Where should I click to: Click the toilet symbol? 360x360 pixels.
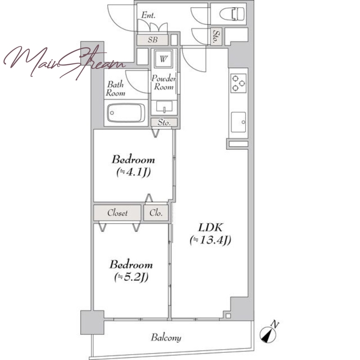coord(232,14)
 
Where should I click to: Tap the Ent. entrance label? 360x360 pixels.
coord(148,15)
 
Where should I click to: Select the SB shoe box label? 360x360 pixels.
coord(153,40)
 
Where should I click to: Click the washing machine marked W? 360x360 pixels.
coord(163,59)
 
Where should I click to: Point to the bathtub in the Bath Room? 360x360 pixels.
coord(126,113)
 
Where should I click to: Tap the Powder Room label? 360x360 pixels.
coord(164,82)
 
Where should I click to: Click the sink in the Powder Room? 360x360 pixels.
coord(164,107)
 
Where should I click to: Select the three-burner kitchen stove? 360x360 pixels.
coord(238,83)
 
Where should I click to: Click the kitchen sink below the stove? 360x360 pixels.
coord(238,122)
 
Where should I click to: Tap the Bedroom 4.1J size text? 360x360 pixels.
coord(133,172)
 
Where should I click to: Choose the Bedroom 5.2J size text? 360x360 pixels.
coord(131,277)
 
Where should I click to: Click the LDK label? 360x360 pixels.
coord(210,228)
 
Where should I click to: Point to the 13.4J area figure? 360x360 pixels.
coord(210,240)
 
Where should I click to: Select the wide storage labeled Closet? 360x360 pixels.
coord(117,213)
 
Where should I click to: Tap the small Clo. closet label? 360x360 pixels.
coord(156,213)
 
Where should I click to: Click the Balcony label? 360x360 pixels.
coord(166,337)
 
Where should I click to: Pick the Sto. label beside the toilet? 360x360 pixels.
coord(216,36)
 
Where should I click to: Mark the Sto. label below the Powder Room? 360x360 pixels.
coord(164,122)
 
